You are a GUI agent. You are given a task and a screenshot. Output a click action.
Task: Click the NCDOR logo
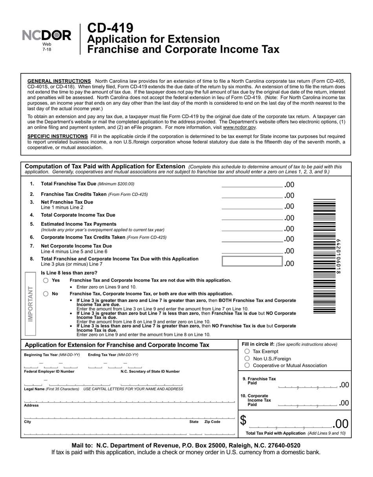tap(47, 36)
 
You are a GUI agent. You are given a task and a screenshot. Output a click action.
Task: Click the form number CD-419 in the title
tap(110, 28)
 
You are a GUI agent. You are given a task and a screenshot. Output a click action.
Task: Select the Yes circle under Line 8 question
tap(46, 280)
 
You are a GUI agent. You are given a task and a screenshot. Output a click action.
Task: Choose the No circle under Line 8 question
tap(46, 294)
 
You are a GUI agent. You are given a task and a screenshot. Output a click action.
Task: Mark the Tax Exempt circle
tap(247, 351)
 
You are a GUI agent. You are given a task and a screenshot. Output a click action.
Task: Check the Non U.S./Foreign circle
tap(247, 359)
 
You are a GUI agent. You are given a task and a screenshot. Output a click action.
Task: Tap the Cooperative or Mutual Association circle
tap(247, 366)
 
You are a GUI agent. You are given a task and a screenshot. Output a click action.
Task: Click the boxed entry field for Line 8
tap(252, 262)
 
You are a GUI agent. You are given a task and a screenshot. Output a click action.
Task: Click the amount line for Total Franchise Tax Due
tap(252, 185)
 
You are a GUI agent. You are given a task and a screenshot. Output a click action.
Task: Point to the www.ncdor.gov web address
tap(240, 127)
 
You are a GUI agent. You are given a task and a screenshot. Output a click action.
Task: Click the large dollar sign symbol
tap(243, 421)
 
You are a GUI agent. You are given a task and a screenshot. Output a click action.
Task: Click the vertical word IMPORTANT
tap(30, 304)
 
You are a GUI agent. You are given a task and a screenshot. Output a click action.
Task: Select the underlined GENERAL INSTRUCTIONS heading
tap(59, 81)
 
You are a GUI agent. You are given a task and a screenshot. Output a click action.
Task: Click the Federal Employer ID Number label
tap(49, 371)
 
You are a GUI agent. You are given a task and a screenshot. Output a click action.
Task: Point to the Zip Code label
tap(212, 422)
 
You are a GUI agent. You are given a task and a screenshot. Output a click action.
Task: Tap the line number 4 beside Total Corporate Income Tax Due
tap(32, 215)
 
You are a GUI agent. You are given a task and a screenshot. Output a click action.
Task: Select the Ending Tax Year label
tap(113, 355)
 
